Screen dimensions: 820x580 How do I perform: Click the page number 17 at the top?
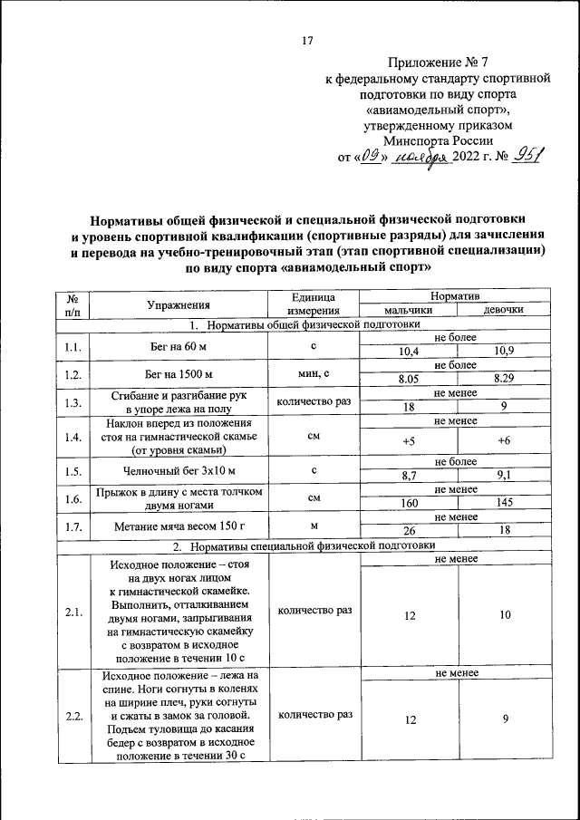(306, 40)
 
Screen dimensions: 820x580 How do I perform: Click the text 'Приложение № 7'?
(437, 63)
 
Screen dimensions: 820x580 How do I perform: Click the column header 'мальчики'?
(408, 310)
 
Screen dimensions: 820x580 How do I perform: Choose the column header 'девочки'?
(504, 310)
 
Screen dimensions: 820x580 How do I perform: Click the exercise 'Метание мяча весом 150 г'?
(179, 525)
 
